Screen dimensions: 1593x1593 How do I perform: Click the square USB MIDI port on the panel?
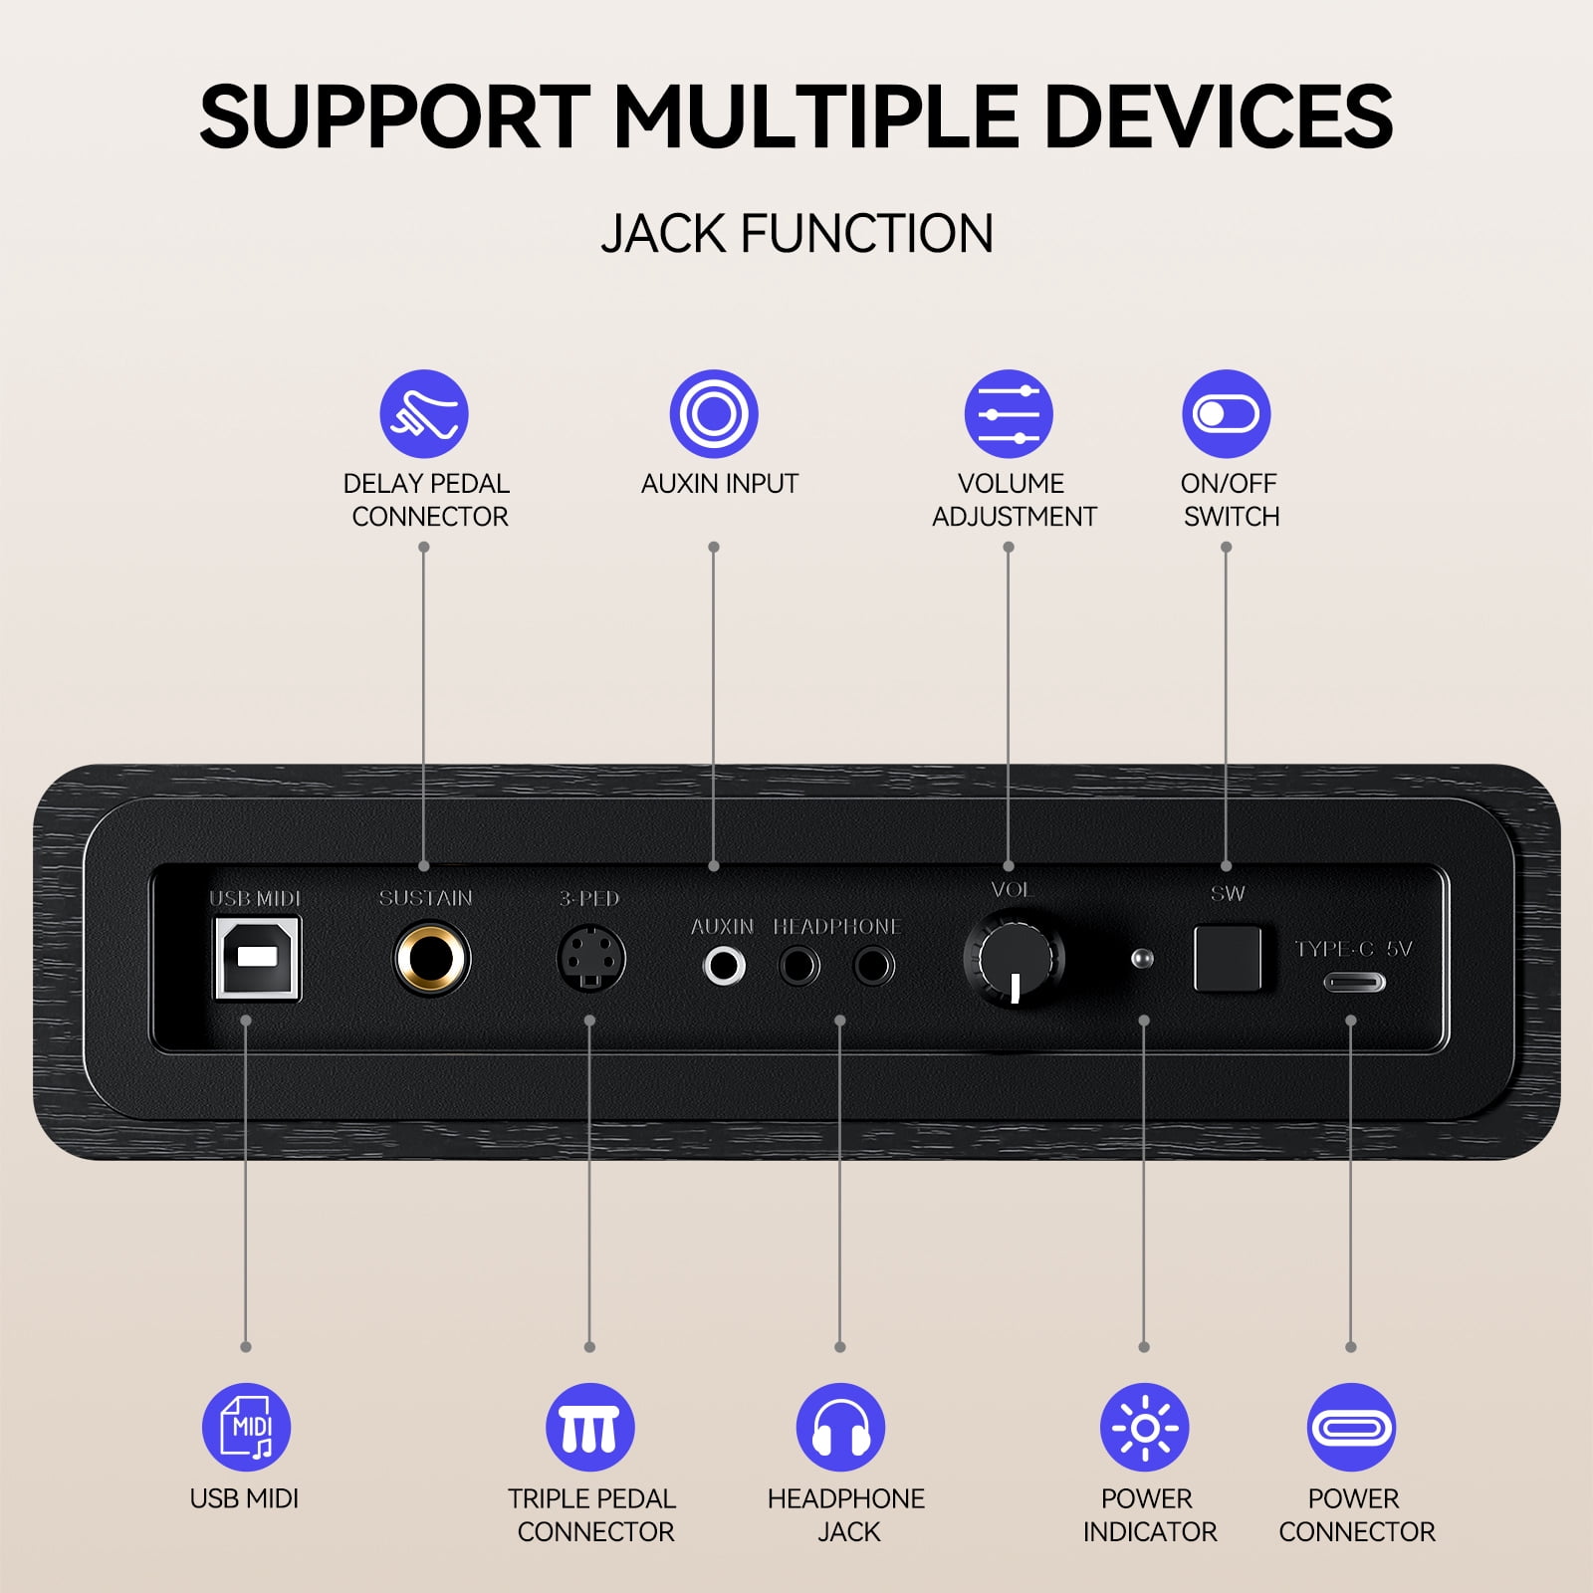pos(257,958)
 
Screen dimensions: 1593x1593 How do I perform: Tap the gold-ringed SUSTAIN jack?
pos(431,959)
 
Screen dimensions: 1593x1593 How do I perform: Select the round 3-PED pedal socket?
pos(590,959)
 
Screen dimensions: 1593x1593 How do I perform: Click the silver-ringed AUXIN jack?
pos(724,965)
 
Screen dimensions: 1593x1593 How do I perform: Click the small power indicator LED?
pos(1143,959)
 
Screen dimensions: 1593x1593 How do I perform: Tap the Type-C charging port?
pos(1354,983)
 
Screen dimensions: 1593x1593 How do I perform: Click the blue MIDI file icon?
pos(246,1427)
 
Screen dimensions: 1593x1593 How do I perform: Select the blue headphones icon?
pos(841,1427)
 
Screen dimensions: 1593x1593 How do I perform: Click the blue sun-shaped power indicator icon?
pos(1145,1427)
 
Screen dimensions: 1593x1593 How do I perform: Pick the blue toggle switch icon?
pos(1227,414)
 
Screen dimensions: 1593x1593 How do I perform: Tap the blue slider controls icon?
pos(1009,414)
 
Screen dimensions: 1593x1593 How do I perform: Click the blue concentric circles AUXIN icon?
pos(714,414)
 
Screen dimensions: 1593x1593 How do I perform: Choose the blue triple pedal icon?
pos(590,1427)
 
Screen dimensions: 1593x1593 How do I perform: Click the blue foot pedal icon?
pos(424,414)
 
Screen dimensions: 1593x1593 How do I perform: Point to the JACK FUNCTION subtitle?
pos(796,234)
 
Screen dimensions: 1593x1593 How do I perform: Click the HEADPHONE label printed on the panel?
pos(837,927)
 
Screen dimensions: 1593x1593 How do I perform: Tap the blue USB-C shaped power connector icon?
pos(1351,1427)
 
